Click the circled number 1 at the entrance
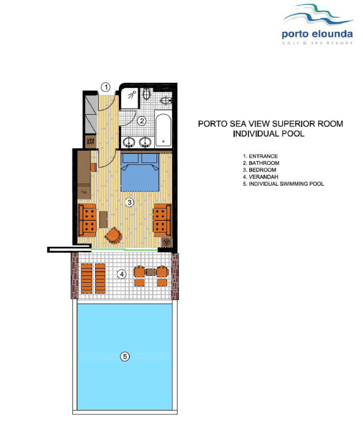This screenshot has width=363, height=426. [106, 87]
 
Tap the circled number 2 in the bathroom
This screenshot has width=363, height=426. [142, 121]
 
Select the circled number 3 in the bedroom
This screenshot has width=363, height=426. [129, 202]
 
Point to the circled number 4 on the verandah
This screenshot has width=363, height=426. [122, 274]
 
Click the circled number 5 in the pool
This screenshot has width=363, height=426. [125, 357]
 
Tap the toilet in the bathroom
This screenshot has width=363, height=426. [146, 94]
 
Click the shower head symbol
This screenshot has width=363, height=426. [132, 94]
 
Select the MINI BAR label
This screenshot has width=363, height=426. [90, 141]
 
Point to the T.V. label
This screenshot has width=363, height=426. [84, 192]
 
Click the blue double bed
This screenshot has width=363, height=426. [140, 172]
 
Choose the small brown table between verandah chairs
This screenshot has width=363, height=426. [150, 272]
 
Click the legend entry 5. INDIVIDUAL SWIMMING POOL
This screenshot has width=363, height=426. [283, 184]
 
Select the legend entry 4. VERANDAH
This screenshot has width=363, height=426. [260, 177]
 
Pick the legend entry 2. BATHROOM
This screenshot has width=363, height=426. [261, 163]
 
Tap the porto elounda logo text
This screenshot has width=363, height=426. [317, 34]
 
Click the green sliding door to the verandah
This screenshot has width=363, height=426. [124, 249]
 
